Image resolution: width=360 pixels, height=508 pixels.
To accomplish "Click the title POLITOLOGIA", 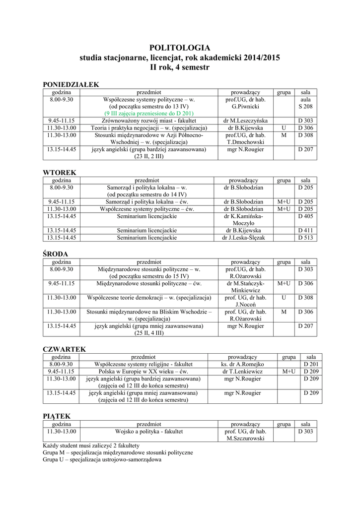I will (x=180, y=48).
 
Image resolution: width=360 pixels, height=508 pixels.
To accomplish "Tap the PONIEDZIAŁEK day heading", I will (x=71, y=85).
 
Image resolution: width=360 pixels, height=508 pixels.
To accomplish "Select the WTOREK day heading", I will (x=60, y=173).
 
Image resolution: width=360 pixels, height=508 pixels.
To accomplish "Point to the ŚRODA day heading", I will (x=56, y=254).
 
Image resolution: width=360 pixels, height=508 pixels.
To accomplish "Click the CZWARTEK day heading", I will (x=65, y=349).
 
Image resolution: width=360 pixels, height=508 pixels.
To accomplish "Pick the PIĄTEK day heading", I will (x=57, y=416).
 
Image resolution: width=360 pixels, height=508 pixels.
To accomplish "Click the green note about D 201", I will (x=149, y=114).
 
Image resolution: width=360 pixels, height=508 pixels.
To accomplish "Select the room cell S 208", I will (x=305, y=107).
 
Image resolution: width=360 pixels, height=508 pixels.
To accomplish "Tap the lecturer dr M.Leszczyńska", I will (x=246, y=121).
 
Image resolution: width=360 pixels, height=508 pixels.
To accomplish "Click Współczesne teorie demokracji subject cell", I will (x=149, y=298).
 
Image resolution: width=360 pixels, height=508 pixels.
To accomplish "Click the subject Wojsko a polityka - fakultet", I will (x=149, y=432).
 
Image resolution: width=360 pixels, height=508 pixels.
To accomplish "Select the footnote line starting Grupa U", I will (x=102, y=459).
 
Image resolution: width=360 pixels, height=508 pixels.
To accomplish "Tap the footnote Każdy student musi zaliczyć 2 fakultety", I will (x=91, y=445).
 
